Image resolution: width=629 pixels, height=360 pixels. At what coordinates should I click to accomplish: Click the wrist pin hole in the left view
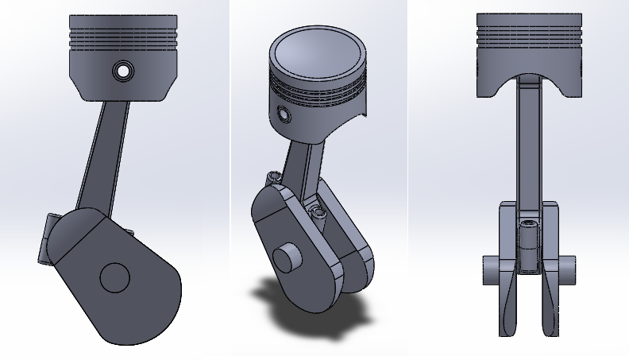tap(122, 70)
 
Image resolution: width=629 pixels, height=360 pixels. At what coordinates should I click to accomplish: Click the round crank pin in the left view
tap(114, 277)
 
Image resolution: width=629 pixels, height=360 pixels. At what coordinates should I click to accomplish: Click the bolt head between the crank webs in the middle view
tap(319, 213)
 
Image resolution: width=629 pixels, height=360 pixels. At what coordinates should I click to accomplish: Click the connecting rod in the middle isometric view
tap(305, 171)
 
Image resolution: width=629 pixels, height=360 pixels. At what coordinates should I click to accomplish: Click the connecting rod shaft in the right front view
tap(528, 143)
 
